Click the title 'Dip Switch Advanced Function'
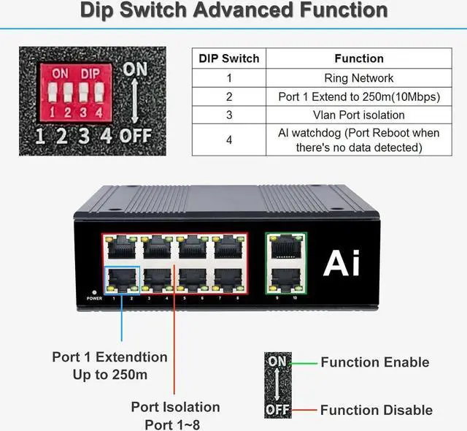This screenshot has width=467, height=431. pos(233,11)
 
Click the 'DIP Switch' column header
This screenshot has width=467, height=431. pos(229,58)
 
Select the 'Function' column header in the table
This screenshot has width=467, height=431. pos(358,58)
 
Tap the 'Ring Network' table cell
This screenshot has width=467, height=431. pos(358,77)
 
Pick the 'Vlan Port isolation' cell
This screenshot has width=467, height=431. pos(358,115)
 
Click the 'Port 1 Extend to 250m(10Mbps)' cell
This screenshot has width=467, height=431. pos(358,96)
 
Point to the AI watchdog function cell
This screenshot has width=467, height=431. pos(358,140)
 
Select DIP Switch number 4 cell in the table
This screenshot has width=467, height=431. pos(229,140)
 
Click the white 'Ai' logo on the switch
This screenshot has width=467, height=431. pos(341,262)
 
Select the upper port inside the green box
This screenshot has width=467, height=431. pos(285,249)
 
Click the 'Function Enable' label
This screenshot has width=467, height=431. pos(374,362)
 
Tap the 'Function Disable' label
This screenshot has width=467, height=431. pos(376,410)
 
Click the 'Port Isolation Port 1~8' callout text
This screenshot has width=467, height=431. pos(175,414)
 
